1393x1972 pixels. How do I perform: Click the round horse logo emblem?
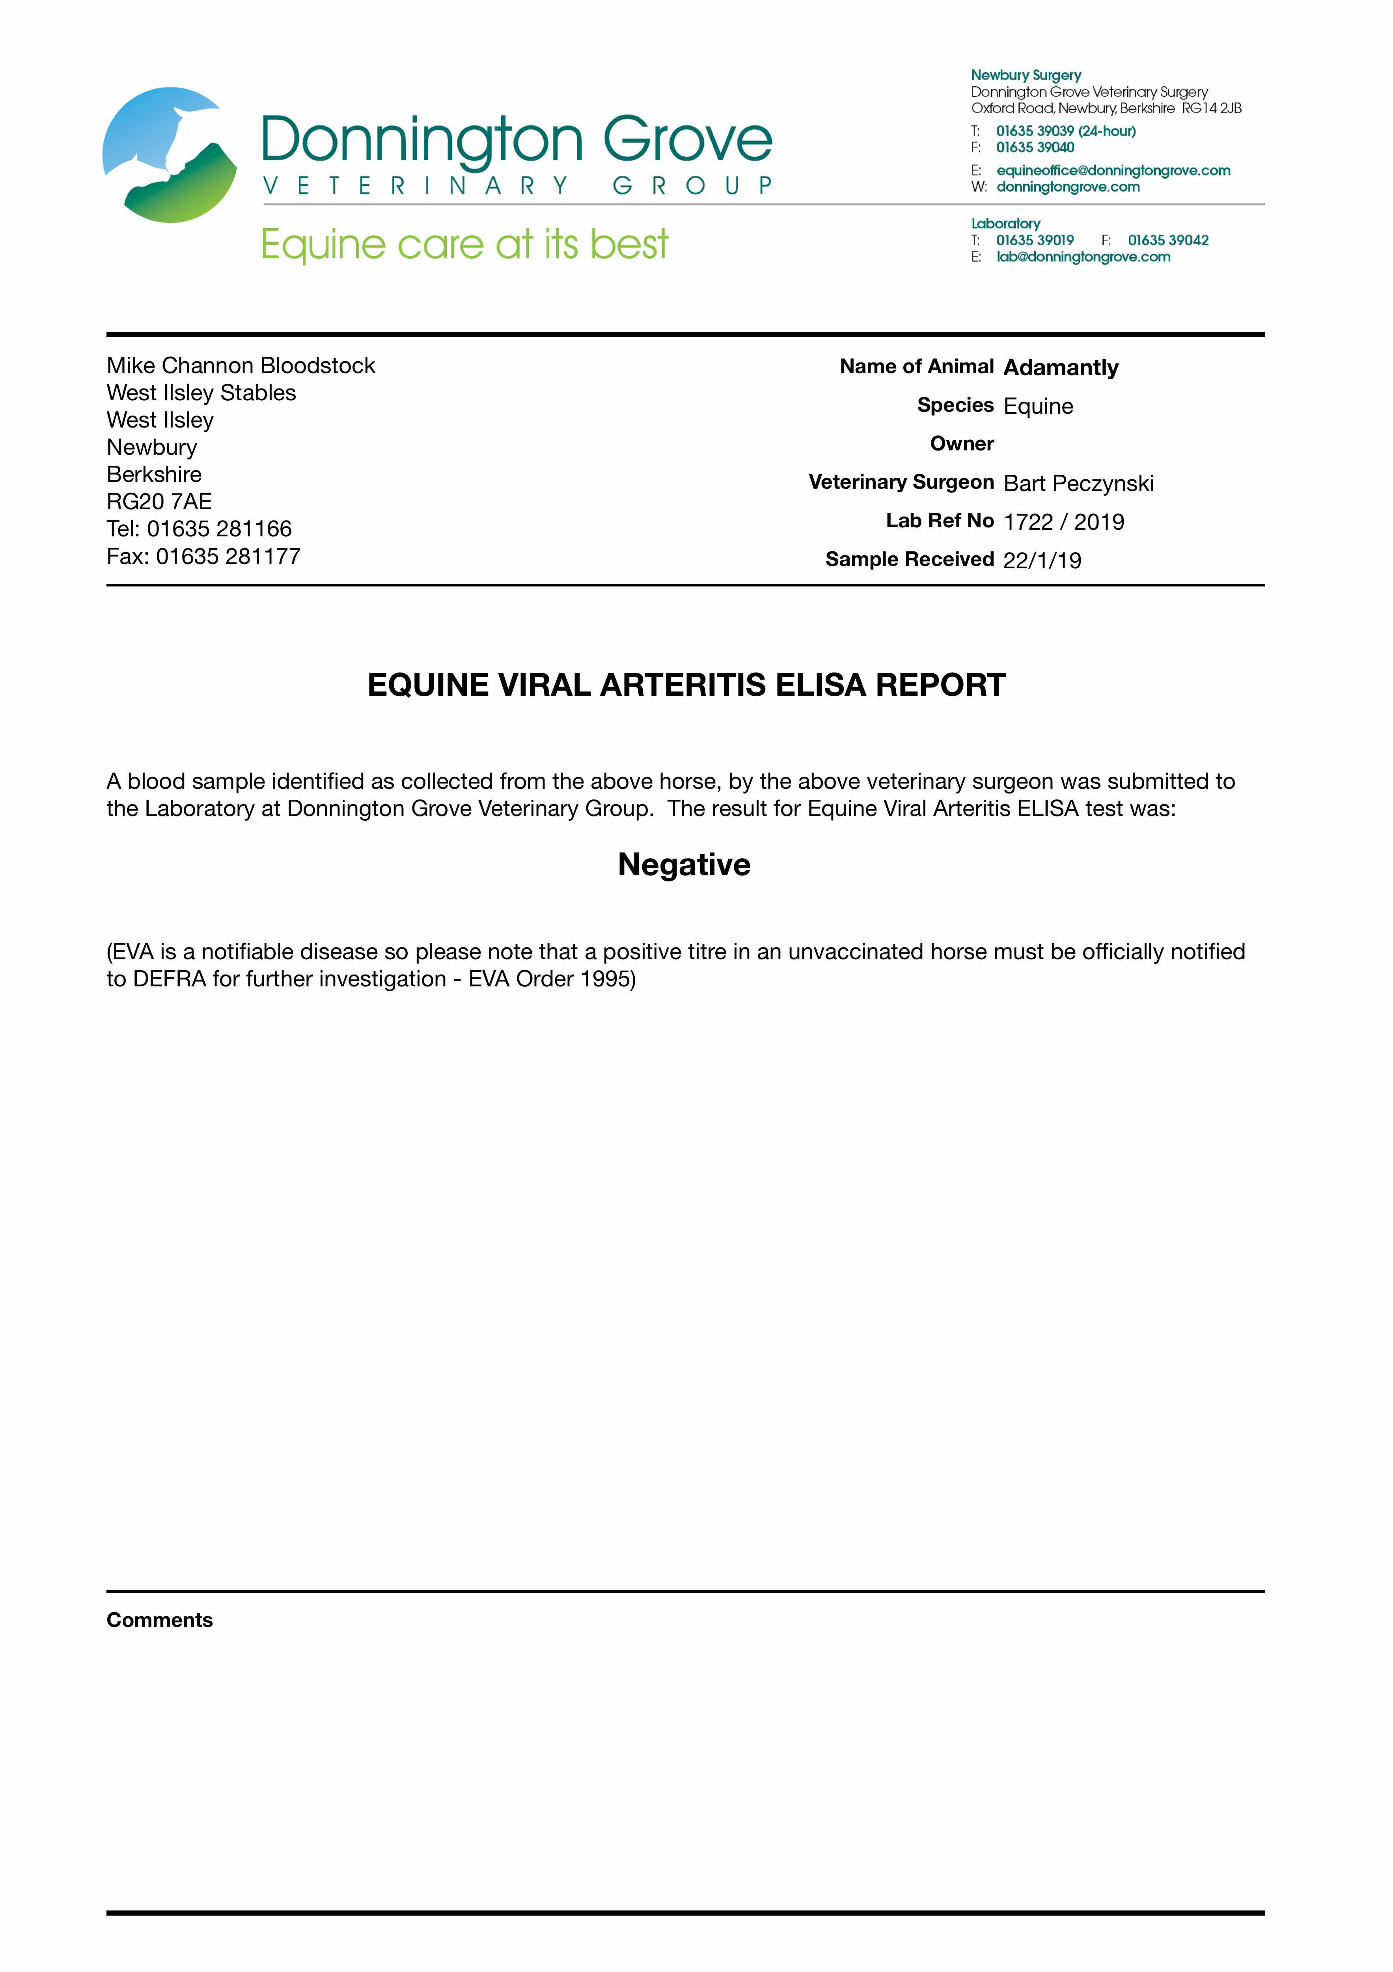[x=170, y=155]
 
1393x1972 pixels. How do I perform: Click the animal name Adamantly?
[x=1061, y=368]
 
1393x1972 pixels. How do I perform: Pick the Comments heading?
[x=160, y=1620]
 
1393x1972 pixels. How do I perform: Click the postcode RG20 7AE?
[x=159, y=502]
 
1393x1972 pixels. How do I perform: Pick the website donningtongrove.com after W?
[x=1067, y=187]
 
